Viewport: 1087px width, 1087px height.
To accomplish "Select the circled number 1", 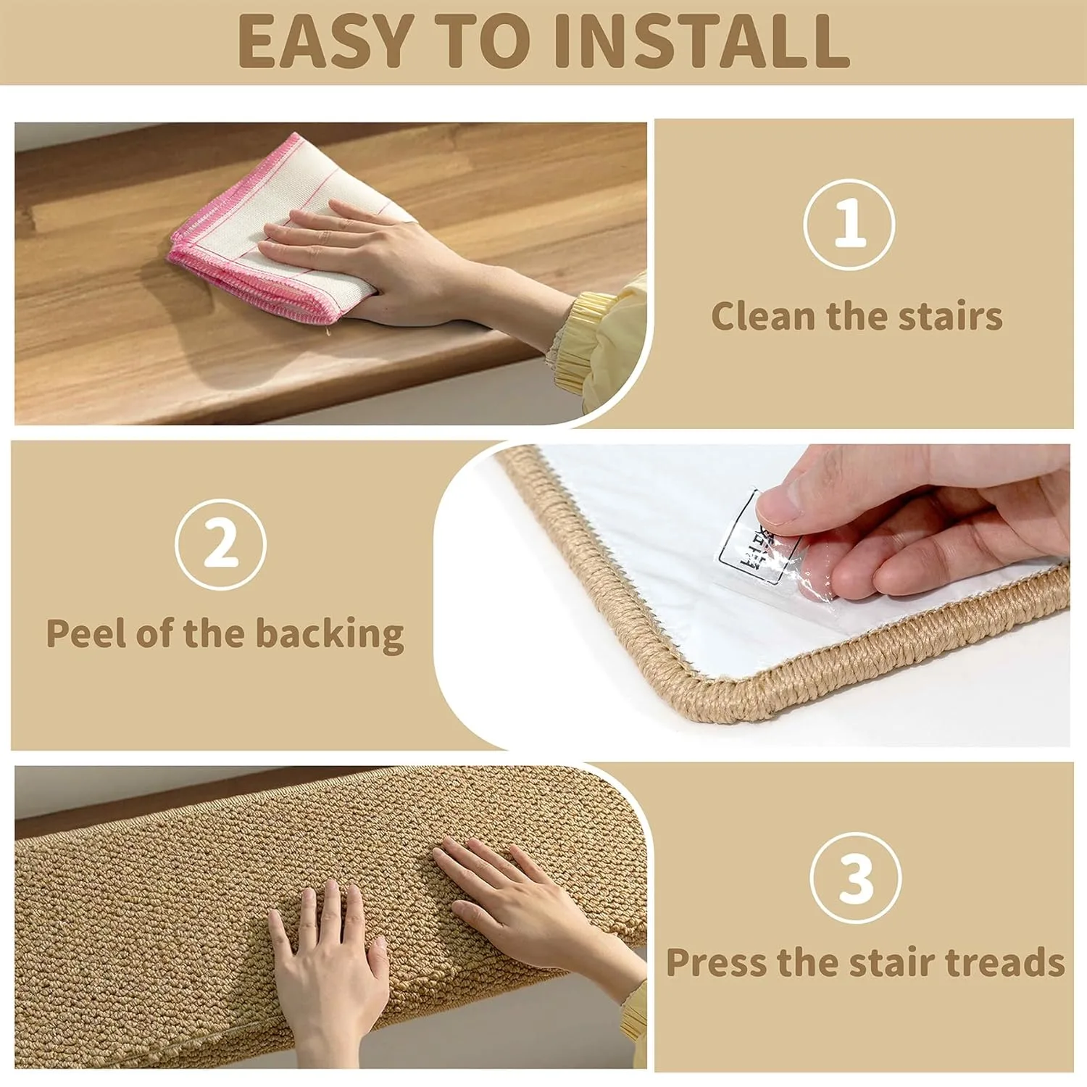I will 849,225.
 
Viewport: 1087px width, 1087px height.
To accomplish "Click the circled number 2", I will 220,544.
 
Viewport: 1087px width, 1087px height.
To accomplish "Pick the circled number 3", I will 856,878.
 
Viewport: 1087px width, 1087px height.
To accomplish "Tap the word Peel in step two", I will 86,633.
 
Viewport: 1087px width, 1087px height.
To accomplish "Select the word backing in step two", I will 330,635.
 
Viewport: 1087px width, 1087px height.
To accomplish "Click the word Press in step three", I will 717,963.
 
